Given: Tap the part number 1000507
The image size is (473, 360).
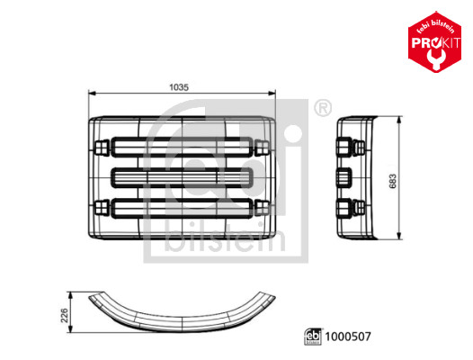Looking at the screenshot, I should coord(347,338).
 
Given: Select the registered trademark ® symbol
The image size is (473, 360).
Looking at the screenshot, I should coord(321,109).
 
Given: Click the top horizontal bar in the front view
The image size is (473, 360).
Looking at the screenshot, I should coord(183,145).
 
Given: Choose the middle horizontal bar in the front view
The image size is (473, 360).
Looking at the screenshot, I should coord(183,176).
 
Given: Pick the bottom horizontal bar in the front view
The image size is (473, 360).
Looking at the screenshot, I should coord(183,208).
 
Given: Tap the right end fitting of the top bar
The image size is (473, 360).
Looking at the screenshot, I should coord(263,145).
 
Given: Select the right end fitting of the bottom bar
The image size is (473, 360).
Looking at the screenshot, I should coord(263,208).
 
